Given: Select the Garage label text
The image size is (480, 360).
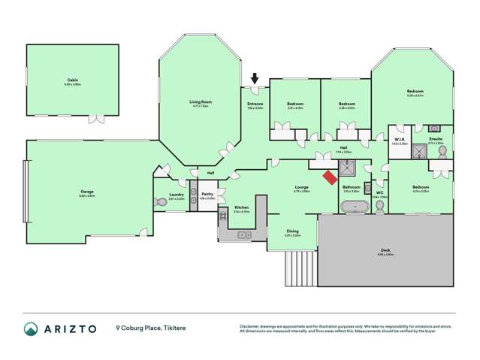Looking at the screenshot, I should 87,192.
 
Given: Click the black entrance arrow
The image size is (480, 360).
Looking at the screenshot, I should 255,77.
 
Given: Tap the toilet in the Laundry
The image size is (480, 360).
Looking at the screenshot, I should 159,201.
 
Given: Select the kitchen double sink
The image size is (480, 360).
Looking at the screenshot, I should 243,234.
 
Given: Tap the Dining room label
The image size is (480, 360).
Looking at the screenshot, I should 292,232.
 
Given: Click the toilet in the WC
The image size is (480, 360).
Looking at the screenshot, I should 379,204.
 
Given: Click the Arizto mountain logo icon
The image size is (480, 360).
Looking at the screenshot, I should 32,328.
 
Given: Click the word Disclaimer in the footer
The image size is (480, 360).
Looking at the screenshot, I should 251,325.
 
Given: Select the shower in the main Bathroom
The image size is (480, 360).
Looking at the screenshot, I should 349,170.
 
